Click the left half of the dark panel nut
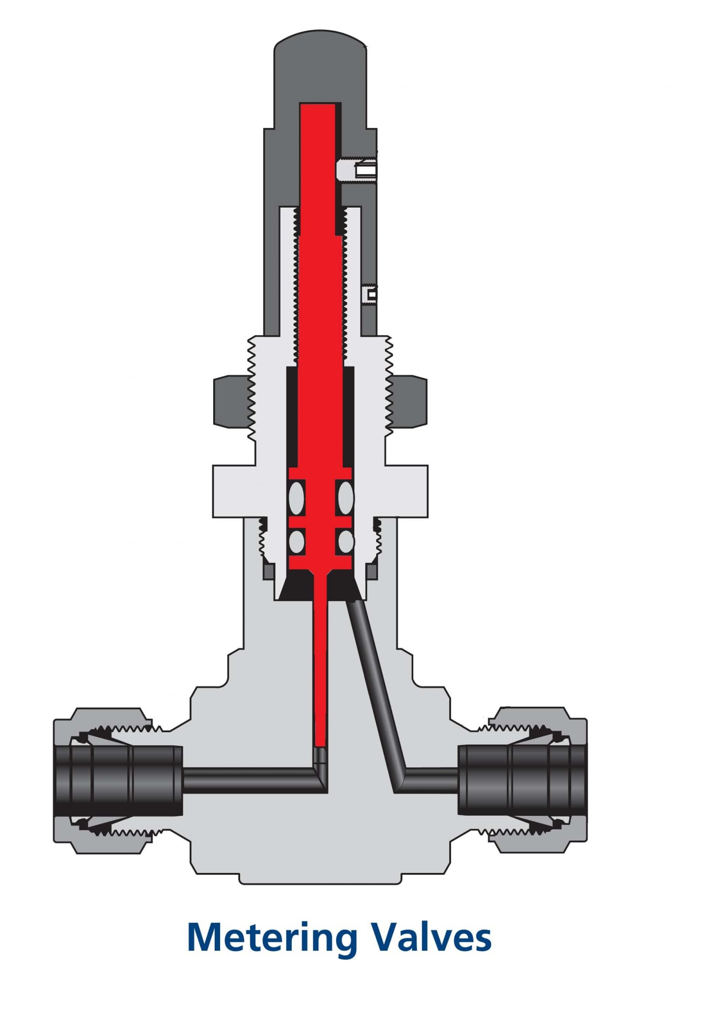tap(231, 402)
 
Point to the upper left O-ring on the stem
tap(296, 497)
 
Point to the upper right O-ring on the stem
tap(345, 497)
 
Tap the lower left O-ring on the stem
tap(296, 541)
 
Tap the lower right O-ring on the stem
tap(345, 541)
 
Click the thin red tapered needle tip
tap(321, 675)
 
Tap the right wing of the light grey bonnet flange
tap(406, 491)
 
